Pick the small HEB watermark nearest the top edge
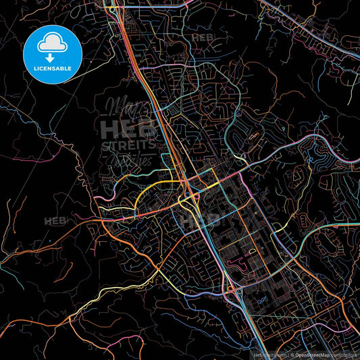pyautogui.click(x=203, y=38)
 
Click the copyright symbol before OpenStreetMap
pyautogui.click(x=291, y=353)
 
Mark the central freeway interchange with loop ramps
pyautogui.click(x=188, y=197)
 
